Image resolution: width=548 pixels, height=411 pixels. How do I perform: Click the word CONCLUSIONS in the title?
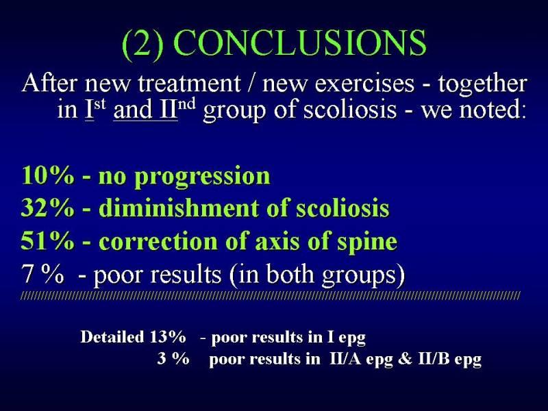coord(299,43)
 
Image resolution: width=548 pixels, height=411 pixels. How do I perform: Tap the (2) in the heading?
coord(142,45)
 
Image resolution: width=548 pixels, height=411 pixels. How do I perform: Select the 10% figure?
coord(48,175)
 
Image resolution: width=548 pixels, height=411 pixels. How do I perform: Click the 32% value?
coord(48,208)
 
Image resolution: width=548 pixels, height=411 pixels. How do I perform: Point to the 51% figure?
coord(48,241)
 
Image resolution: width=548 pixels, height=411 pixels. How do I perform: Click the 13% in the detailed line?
coord(168,337)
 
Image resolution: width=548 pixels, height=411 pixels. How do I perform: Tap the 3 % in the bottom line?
coord(173,358)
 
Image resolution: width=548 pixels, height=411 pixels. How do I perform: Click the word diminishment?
coord(179,208)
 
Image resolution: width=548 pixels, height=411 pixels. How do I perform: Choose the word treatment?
coord(189,84)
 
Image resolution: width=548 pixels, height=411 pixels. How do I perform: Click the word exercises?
coord(364,84)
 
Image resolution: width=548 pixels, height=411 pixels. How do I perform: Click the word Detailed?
coord(112,337)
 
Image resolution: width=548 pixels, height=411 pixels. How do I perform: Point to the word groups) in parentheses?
coord(364,276)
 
